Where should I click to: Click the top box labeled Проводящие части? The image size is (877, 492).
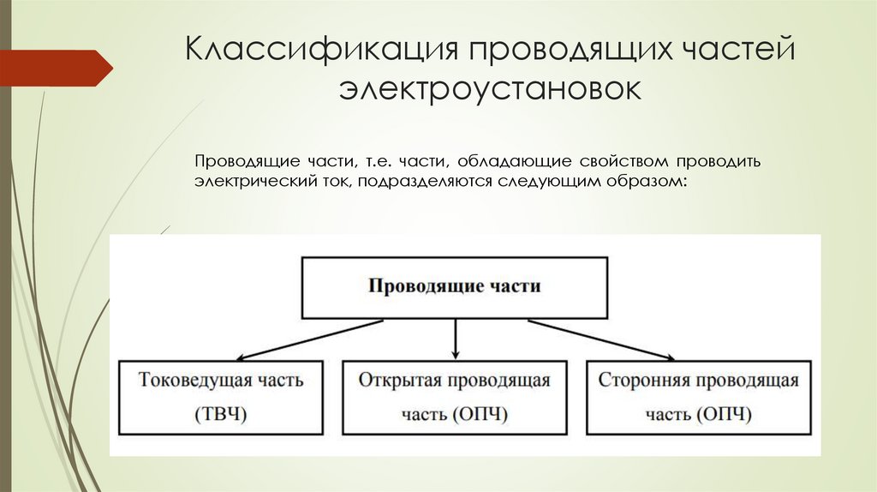tap(455, 286)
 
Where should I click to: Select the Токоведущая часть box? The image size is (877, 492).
tap(220, 398)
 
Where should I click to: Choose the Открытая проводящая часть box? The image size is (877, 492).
tap(455, 398)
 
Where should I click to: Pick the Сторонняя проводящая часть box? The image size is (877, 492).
tap(698, 398)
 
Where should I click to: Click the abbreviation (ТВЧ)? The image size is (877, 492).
tap(220, 415)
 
